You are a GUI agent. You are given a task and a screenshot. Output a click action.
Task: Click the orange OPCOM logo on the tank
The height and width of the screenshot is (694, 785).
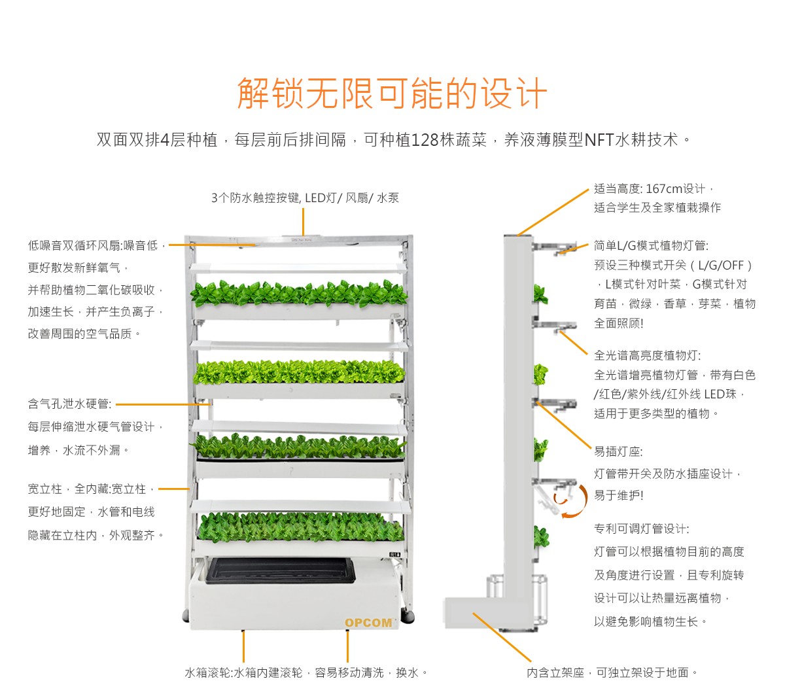click(x=368, y=623)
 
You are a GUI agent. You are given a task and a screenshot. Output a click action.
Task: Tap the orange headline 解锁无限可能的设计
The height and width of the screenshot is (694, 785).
click(x=392, y=93)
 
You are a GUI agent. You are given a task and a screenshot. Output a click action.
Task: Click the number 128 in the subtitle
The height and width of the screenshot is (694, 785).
click(x=425, y=140)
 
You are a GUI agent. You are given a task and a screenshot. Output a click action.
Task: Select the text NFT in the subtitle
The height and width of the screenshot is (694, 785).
click(x=599, y=140)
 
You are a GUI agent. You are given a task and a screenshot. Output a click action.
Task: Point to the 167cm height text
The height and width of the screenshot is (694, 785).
click(x=664, y=189)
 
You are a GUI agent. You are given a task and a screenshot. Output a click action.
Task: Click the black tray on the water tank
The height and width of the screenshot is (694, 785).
click(x=280, y=570)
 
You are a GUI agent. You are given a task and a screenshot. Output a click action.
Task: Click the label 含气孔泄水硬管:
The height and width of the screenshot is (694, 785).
click(x=70, y=404)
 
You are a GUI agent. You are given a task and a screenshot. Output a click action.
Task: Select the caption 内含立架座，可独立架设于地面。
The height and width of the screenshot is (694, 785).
click(x=612, y=672)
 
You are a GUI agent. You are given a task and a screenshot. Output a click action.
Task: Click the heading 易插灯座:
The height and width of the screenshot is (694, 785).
click(x=618, y=451)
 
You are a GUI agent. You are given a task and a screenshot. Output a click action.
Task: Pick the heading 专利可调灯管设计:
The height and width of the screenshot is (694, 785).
click(x=642, y=529)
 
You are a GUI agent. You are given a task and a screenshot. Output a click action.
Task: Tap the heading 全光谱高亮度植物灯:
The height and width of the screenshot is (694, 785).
click(x=647, y=355)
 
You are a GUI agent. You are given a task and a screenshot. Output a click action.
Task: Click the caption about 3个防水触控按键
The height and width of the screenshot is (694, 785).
click(x=305, y=198)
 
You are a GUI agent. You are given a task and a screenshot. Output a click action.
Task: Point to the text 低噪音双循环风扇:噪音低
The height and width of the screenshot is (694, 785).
click(x=93, y=245)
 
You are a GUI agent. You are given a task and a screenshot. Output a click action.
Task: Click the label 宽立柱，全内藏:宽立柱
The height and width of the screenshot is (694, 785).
click(x=87, y=489)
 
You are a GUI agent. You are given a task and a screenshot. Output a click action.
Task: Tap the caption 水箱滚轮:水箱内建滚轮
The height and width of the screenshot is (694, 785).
click(x=243, y=672)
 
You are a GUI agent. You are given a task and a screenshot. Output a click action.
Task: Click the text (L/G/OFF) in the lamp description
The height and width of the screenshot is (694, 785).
click(x=721, y=266)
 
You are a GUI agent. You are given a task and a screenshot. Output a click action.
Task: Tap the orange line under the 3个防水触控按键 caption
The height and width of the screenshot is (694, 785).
click(x=303, y=222)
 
